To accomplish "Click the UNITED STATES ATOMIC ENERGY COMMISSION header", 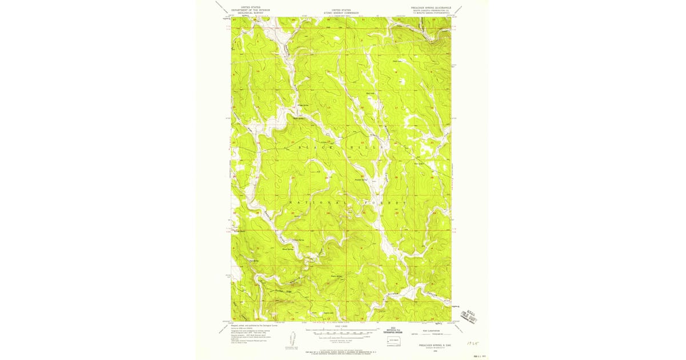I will [342, 11].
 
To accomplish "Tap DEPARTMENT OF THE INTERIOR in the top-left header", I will [250, 10].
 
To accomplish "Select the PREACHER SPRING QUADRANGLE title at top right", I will [430, 8].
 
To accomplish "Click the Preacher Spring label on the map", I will [361, 180].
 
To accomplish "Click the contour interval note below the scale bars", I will [342, 341].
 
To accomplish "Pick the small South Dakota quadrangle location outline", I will [392, 342].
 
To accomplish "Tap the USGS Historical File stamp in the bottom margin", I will [392, 331].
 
